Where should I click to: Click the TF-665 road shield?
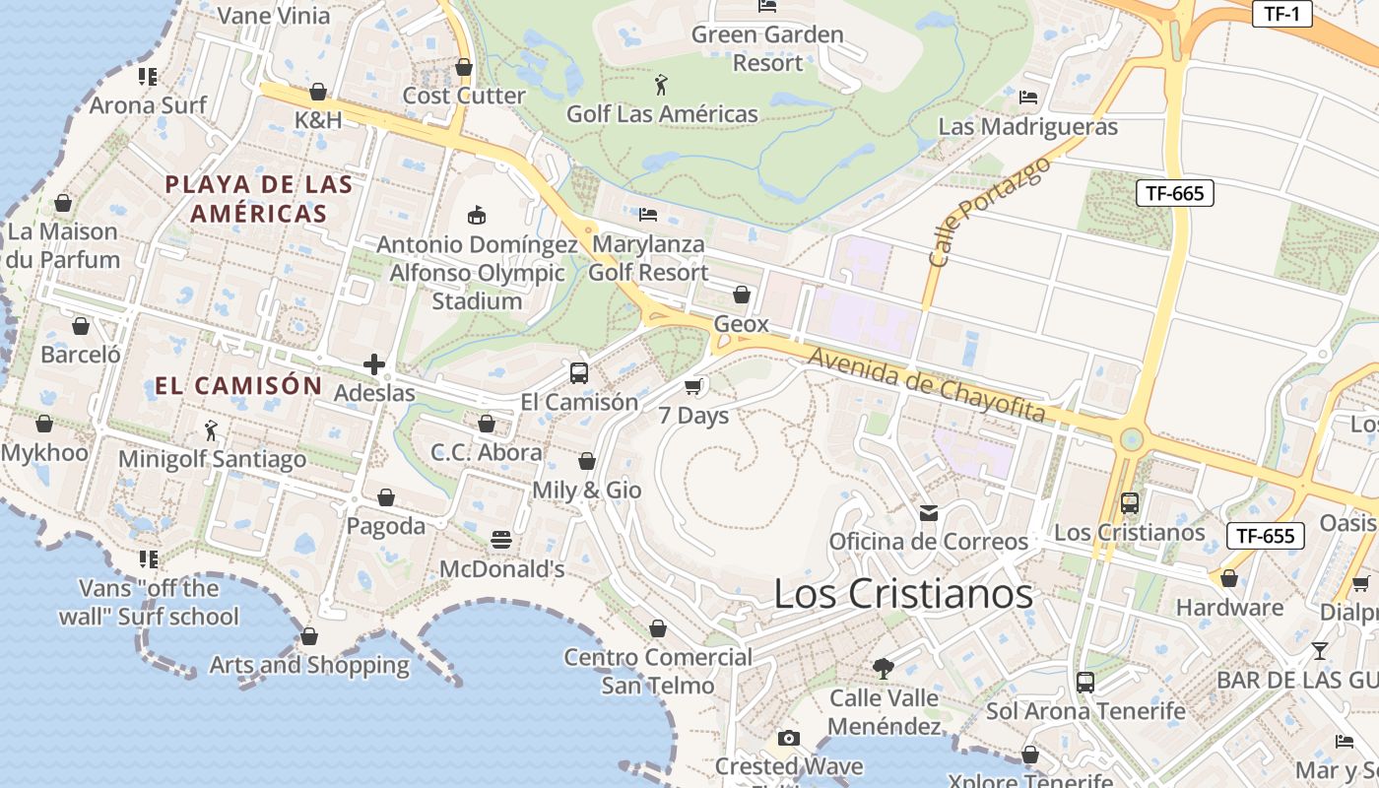(x=1175, y=193)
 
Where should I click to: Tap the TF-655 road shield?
(x=1265, y=536)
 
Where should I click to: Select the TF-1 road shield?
(x=1281, y=13)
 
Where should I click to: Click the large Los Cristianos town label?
(x=903, y=593)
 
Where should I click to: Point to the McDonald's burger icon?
(x=501, y=540)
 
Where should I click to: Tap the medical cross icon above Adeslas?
(x=374, y=364)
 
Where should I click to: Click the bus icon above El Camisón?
(x=579, y=373)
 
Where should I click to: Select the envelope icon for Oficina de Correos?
(x=929, y=512)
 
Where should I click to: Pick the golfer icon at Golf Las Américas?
(x=661, y=85)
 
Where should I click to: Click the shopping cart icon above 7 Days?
(x=693, y=386)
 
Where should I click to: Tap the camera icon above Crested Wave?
(x=788, y=738)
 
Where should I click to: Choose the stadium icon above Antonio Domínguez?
(x=477, y=214)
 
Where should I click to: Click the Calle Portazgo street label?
(x=989, y=212)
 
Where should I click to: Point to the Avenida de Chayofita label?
(x=926, y=383)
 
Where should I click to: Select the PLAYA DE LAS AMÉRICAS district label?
(x=259, y=198)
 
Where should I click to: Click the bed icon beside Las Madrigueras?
(x=1028, y=97)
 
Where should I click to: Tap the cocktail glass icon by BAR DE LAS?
(x=1320, y=651)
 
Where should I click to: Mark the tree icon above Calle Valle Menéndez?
(x=884, y=668)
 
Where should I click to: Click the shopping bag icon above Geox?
(x=742, y=295)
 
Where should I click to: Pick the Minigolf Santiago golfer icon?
(x=211, y=430)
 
